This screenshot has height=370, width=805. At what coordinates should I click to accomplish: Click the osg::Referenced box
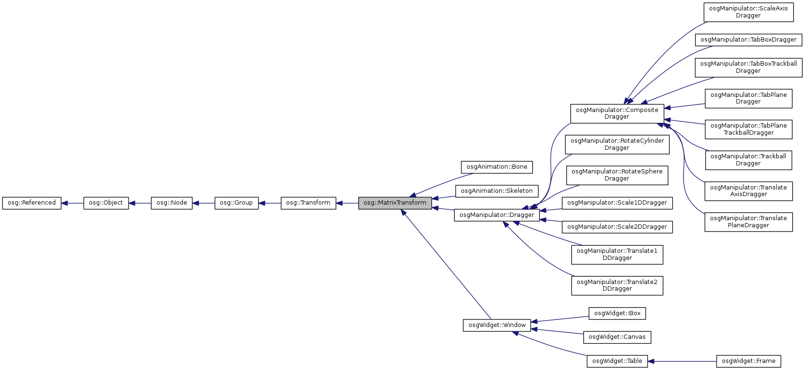click(32, 203)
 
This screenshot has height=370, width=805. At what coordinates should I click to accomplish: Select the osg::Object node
click(106, 203)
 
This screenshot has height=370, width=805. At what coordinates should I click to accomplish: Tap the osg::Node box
click(172, 203)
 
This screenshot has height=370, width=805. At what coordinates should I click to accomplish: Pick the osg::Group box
click(236, 203)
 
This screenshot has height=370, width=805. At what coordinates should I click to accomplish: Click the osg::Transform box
click(308, 203)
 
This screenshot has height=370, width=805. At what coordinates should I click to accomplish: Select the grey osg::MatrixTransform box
click(395, 203)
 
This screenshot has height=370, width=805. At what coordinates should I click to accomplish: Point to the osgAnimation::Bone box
click(497, 167)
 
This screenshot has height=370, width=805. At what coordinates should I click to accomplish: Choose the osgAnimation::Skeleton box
click(497, 191)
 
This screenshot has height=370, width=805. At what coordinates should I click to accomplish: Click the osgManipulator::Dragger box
click(497, 215)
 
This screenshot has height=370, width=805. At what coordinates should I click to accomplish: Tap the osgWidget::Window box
click(497, 325)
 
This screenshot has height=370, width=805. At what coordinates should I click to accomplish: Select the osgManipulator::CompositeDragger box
click(617, 113)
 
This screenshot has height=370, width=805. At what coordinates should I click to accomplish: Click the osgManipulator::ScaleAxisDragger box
click(748, 12)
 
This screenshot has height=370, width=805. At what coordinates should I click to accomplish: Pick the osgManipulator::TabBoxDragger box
click(748, 40)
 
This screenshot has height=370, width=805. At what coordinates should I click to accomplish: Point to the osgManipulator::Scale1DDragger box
click(617, 203)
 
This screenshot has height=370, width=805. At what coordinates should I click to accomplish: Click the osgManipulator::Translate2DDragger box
click(617, 285)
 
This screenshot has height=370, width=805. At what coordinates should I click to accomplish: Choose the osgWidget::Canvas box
click(617, 337)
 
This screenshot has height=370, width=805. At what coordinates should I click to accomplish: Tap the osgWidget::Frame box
click(748, 361)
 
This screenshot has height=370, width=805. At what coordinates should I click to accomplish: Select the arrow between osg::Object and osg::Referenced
click(72, 203)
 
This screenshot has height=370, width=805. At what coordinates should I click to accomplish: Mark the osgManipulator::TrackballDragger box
click(748, 160)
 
